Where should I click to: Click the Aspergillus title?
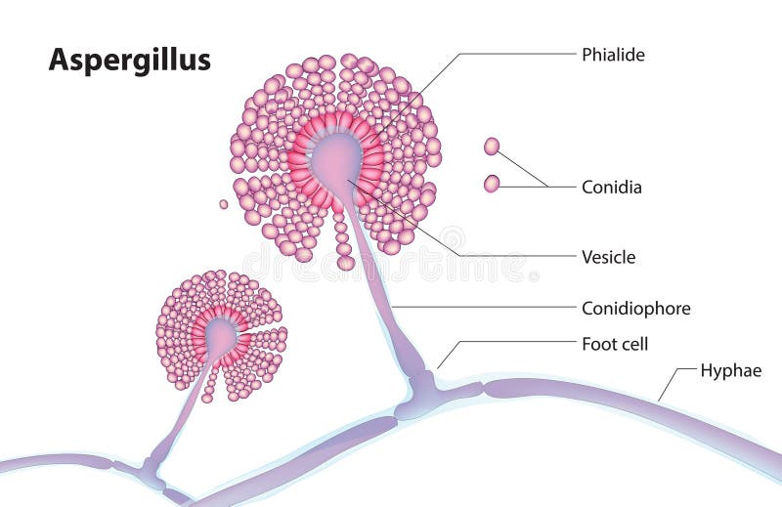[130, 61]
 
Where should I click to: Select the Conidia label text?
[611, 187]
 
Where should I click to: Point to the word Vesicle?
[608, 258]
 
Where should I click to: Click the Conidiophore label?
[635, 309]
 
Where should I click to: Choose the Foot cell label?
[615, 344]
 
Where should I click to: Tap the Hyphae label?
[730, 370]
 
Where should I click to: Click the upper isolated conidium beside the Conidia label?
[492, 147]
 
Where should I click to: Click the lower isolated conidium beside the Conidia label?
[492, 184]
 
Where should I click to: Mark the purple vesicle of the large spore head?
[337, 156]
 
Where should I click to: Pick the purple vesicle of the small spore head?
[222, 337]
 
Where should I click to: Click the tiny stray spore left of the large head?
[224, 204]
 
